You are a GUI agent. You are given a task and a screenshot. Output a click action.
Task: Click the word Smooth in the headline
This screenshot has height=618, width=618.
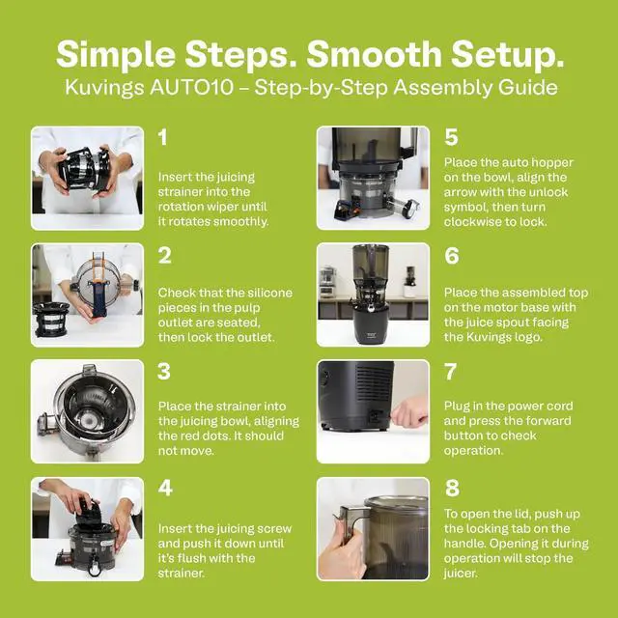374,54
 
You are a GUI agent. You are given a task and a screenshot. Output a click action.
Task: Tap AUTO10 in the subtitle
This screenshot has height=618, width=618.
191,88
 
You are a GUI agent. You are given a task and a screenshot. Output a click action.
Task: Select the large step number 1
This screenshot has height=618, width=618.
162,137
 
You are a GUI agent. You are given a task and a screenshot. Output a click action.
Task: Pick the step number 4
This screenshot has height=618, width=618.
165,488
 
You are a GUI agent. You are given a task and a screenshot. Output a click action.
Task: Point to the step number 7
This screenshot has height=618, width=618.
451,371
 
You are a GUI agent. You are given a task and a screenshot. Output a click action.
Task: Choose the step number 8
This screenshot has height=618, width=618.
452,488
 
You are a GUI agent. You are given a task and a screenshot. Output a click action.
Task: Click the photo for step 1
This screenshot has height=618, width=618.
88,178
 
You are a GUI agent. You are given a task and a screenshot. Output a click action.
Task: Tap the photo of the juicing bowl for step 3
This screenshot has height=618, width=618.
88,411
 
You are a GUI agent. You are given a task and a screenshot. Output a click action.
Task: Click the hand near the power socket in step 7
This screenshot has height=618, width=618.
409,411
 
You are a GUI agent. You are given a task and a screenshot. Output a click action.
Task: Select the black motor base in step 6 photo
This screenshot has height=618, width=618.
373,326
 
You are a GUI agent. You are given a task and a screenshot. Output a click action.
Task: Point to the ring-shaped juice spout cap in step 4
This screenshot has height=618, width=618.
95,569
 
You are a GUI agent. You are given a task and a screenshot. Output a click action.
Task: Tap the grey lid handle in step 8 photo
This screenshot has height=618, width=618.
350,521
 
